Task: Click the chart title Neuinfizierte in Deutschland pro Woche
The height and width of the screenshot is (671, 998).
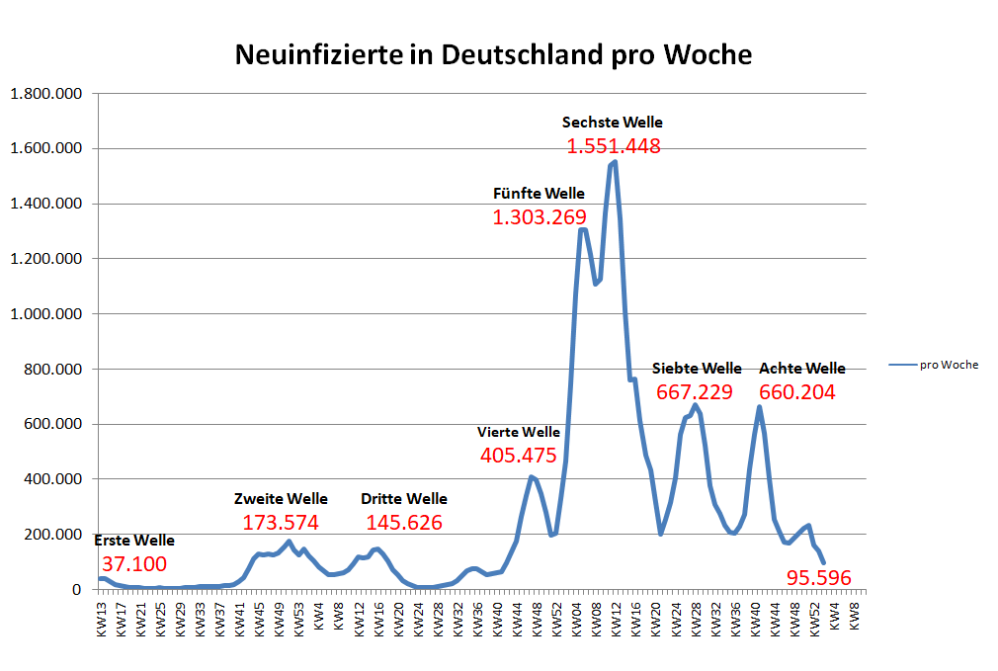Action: (493, 54)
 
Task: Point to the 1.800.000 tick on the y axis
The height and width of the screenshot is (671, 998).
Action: (47, 94)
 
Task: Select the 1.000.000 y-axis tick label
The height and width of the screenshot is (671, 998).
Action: (47, 314)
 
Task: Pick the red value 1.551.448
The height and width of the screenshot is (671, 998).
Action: (613, 146)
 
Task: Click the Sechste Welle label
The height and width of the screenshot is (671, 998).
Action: (613, 123)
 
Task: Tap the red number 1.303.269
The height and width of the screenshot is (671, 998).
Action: (540, 217)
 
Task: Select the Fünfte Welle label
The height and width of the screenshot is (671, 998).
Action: (539, 194)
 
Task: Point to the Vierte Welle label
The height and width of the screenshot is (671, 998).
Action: (519, 432)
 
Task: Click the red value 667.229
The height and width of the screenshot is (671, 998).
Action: (695, 392)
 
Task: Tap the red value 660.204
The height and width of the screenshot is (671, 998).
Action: (797, 392)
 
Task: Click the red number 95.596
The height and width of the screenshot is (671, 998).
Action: (819, 578)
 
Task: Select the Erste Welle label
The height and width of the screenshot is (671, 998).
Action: (134, 541)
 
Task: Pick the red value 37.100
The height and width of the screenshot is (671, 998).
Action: (134, 564)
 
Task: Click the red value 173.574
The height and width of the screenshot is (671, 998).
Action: (281, 523)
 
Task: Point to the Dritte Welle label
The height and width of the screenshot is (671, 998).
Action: (403, 499)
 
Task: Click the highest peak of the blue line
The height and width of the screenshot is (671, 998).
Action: (615, 162)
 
